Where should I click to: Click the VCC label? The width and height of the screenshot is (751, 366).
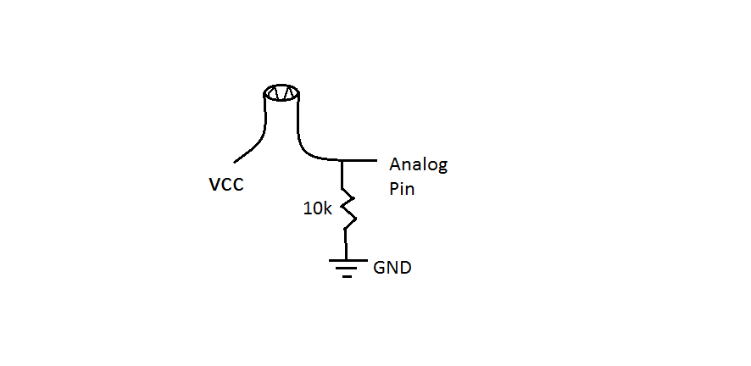[x=226, y=184]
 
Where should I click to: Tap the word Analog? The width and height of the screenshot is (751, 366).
[x=418, y=165]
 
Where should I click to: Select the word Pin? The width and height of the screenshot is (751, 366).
[x=402, y=188]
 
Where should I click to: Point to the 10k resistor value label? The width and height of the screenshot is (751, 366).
[x=318, y=208]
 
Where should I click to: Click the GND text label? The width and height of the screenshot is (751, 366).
[x=392, y=268]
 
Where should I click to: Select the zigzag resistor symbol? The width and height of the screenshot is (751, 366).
[x=348, y=210]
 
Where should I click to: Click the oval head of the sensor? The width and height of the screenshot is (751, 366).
[x=281, y=93]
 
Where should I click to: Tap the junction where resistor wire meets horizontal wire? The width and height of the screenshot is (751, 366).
[x=342, y=160]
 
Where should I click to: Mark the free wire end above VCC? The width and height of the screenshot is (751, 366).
[x=234, y=162]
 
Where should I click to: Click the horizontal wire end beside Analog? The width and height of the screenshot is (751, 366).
[x=376, y=160]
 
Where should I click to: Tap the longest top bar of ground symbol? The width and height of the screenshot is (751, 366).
[x=348, y=261]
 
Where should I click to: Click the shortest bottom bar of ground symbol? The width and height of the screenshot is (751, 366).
[x=348, y=276]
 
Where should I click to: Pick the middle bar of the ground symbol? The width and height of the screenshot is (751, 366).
[x=347, y=269]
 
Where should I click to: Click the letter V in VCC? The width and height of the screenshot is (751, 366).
[x=215, y=184]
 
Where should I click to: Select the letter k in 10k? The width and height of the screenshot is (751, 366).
[x=327, y=208]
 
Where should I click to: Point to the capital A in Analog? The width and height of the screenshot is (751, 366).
[x=395, y=164]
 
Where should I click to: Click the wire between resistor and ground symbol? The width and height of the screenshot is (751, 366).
[x=345, y=245]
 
